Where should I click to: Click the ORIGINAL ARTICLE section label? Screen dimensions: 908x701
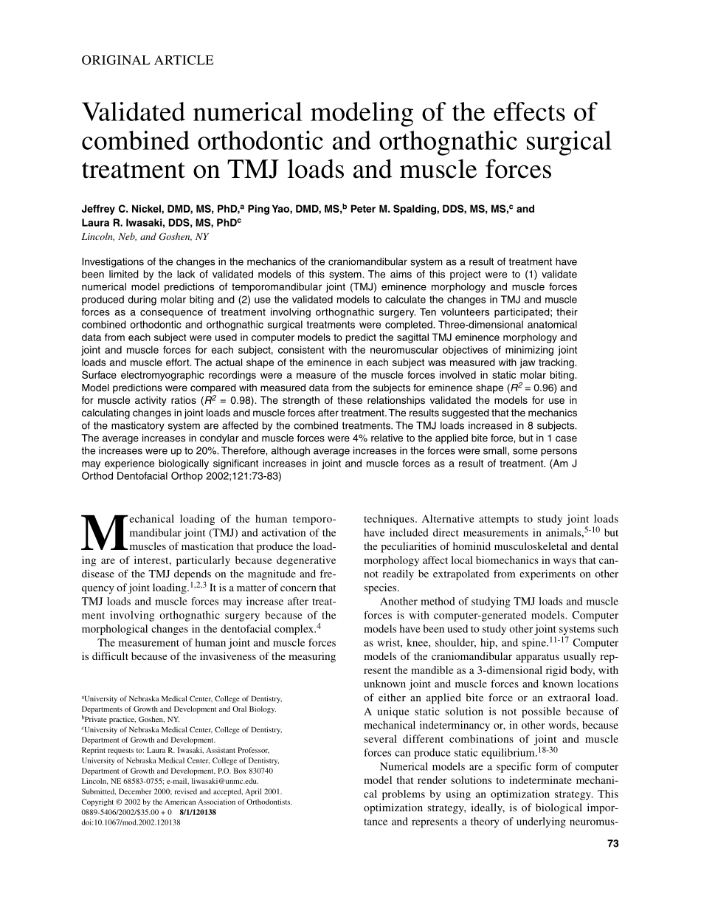click(x=147, y=61)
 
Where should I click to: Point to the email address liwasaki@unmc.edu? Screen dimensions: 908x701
click(x=221, y=780)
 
